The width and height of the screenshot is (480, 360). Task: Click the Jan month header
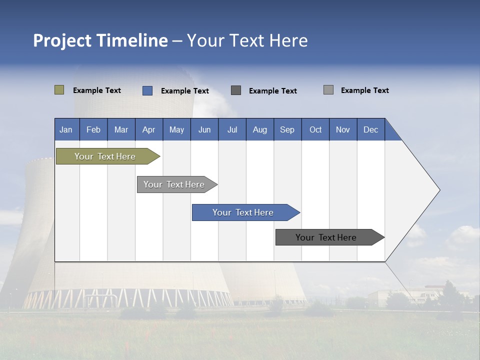pyautogui.click(x=66, y=130)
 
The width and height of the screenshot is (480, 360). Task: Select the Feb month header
pyautogui.click(x=93, y=130)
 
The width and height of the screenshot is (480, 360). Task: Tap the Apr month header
pyautogui.click(x=149, y=130)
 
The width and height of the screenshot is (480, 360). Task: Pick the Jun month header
pyautogui.click(x=204, y=130)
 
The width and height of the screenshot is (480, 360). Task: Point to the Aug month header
pyautogui.click(x=260, y=130)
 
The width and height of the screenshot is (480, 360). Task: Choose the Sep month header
pyautogui.click(x=287, y=130)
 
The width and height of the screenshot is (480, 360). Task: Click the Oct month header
pyautogui.click(x=315, y=130)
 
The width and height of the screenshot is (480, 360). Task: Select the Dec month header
pyautogui.click(x=371, y=130)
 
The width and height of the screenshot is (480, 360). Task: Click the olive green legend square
pyautogui.click(x=59, y=90)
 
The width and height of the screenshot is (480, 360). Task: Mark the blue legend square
pyautogui.click(x=147, y=90)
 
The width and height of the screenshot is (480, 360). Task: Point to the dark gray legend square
pyautogui.click(x=236, y=90)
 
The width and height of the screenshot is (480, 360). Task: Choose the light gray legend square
pyautogui.click(x=328, y=90)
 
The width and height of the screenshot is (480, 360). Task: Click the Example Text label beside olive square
pyautogui.click(x=97, y=90)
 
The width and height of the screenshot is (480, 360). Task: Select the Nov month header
pyautogui.click(x=343, y=130)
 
